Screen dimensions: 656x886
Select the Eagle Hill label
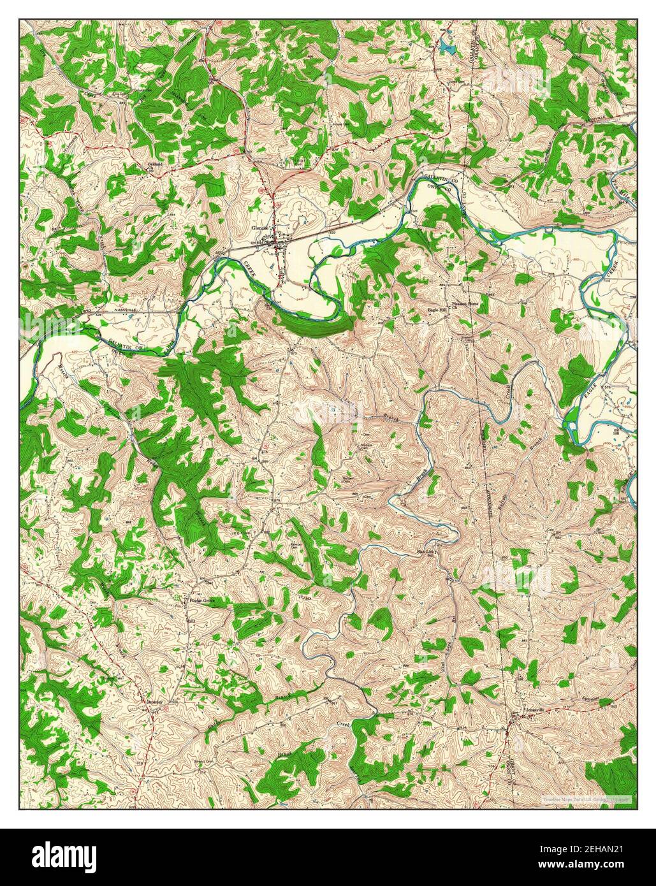tap(437, 310)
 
